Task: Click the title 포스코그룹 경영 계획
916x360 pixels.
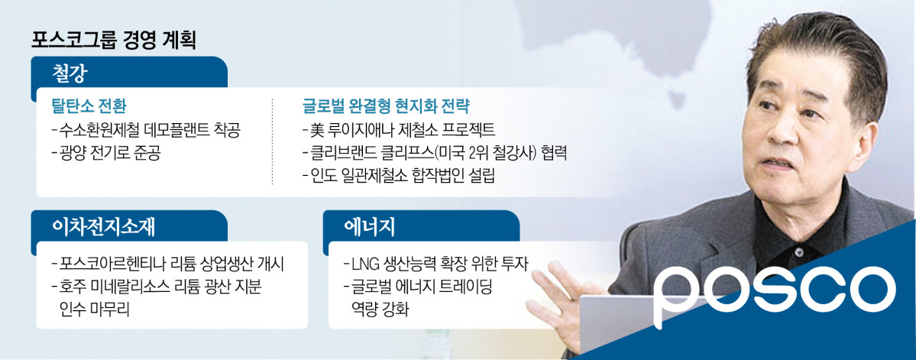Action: (x=114, y=40)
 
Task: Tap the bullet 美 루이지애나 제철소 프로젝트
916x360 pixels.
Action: (x=399, y=131)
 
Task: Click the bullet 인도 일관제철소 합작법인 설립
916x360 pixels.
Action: (x=399, y=177)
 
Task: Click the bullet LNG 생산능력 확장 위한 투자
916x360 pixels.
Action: (x=438, y=265)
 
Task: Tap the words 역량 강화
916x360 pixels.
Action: (x=383, y=309)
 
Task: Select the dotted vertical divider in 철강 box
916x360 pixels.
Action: (x=273, y=141)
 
